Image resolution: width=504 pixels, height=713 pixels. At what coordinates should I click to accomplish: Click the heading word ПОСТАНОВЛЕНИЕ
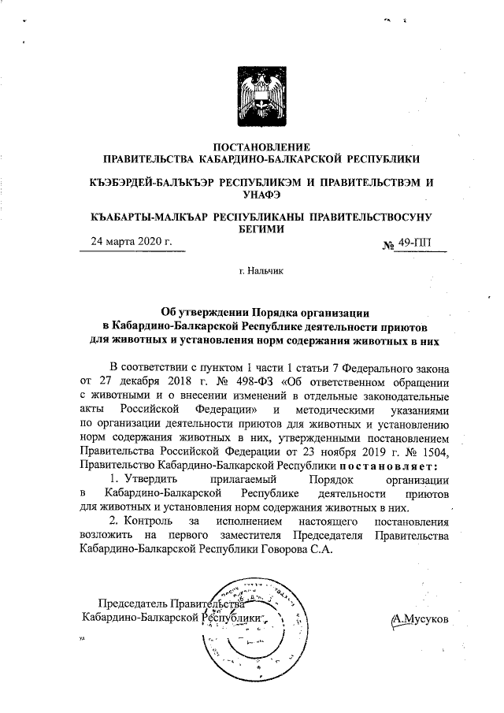[261, 146]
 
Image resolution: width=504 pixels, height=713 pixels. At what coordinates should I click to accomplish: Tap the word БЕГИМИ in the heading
[261, 228]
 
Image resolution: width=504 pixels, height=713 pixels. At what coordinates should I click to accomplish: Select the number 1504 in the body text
[432, 451]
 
